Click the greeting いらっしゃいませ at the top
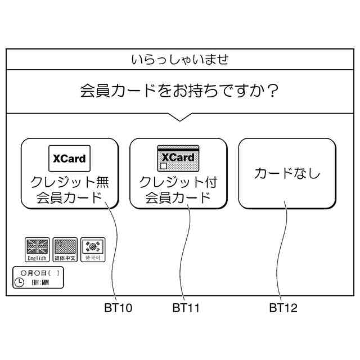(x=179, y=60)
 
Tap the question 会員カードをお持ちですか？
(x=179, y=91)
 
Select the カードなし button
(x=287, y=173)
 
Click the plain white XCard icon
(x=70, y=158)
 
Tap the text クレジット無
(x=70, y=183)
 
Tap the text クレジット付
(x=178, y=183)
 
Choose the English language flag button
(x=37, y=249)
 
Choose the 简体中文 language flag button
(x=65, y=249)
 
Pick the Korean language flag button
(x=92, y=249)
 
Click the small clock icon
(x=20, y=282)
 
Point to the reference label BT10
(x=118, y=308)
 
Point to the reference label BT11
(x=186, y=308)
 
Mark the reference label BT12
(x=283, y=308)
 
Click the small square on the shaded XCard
(x=164, y=167)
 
